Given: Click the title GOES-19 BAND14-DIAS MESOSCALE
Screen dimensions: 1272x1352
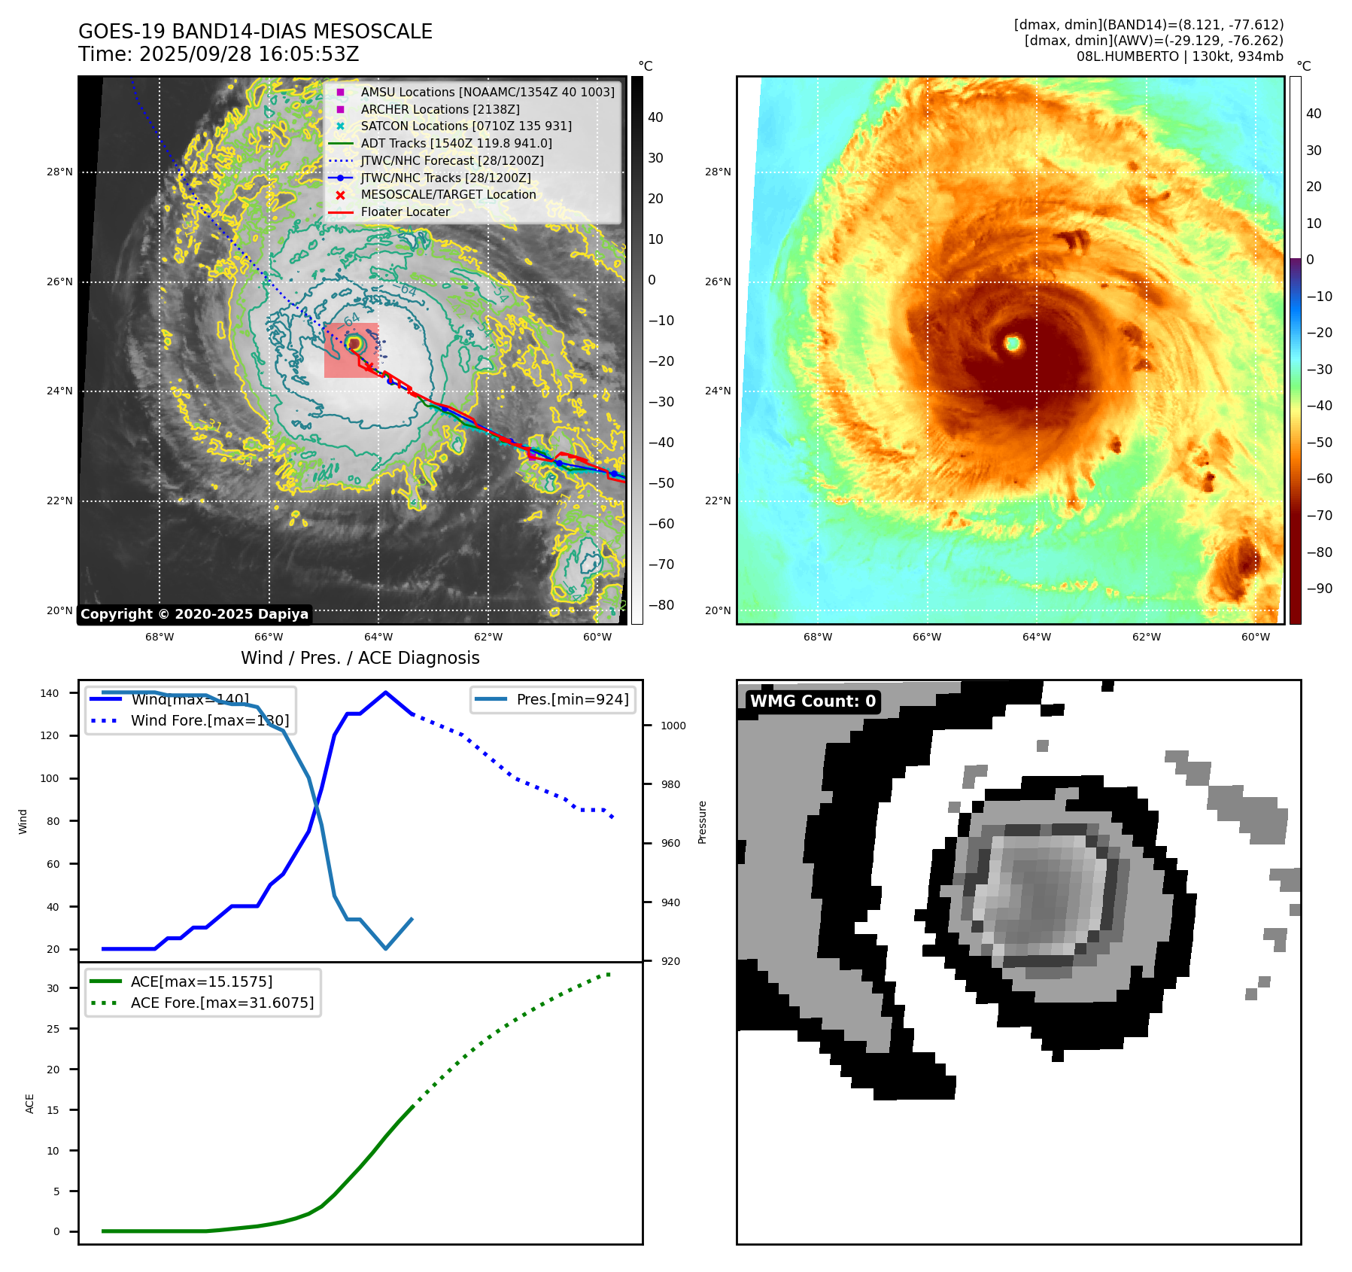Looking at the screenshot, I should click(255, 32).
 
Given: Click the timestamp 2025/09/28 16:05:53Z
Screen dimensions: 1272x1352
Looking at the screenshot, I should click(248, 55).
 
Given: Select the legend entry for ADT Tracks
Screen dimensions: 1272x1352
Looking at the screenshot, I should click(456, 143).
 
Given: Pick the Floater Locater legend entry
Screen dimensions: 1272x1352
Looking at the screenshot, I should click(405, 211).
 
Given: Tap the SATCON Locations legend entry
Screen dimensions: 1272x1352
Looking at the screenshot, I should click(466, 126).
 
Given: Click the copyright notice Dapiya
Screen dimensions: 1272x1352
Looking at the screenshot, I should click(194, 614).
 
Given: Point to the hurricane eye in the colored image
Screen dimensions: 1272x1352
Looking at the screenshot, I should click(1013, 343).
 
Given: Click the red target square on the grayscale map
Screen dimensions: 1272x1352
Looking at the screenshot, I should click(351, 351).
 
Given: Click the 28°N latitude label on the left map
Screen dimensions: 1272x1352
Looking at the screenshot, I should click(59, 172).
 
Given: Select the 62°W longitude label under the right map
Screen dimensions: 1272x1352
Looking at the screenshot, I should click(1146, 637).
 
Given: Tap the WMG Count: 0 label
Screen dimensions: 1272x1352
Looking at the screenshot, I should click(813, 701).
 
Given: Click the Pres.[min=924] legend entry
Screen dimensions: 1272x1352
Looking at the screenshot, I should click(572, 699).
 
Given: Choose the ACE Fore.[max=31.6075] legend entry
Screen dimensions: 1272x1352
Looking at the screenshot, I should click(222, 1003).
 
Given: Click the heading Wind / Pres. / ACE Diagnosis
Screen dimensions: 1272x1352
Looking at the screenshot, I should click(360, 658).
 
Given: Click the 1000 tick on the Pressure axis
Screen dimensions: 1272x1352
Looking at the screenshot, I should click(673, 726).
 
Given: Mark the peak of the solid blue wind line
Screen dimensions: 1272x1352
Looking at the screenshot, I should click(385, 692).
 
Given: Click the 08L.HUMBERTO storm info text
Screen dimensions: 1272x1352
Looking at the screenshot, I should click(1179, 56).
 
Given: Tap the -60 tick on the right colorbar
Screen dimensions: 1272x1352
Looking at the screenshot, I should click(1319, 479).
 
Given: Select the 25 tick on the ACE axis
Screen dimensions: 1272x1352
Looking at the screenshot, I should click(53, 1029).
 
